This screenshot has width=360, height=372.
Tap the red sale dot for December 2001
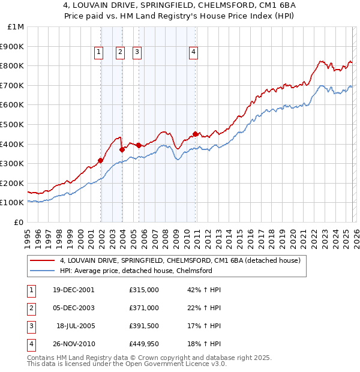point(101,160)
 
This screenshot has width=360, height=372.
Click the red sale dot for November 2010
point(196,134)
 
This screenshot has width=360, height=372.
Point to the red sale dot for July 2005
point(139,145)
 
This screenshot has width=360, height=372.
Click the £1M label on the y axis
point(15,26)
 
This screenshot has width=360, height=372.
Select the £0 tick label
point(18,222)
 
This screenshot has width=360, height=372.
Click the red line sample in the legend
point(42,260)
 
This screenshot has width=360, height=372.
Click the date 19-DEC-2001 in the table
point(74,289)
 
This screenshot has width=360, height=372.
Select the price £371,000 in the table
point(144,307)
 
